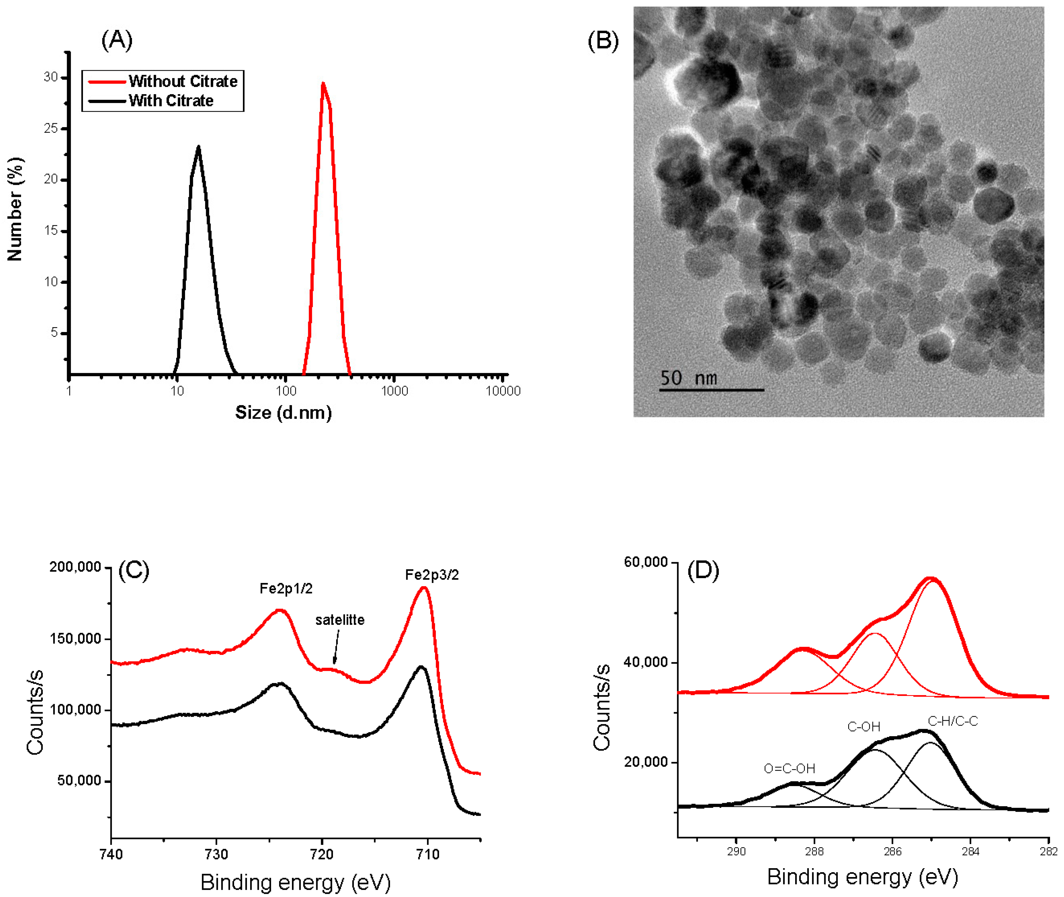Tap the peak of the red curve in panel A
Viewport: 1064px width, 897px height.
click(x=323, y=83)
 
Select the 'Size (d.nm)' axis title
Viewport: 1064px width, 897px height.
click(x=283, y=412)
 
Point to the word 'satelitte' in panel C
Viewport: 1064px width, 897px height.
click(x=340, y=620)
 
